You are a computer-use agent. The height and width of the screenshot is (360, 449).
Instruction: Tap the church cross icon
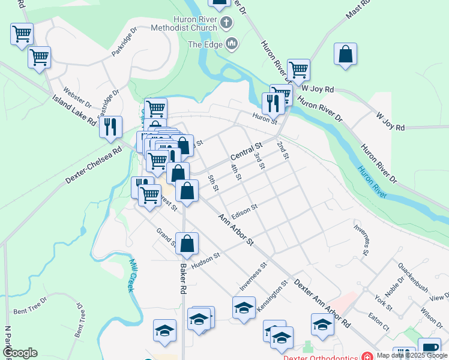pyautogui.click(x=226, y=23)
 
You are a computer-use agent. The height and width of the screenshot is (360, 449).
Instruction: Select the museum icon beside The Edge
pyautogui.click(x=232, y=44)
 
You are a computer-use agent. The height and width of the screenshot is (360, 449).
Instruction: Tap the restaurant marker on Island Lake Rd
pyautogui.click(x=110, y=127)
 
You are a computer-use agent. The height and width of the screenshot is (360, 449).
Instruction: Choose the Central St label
pyautogui.click(x=247, y=154)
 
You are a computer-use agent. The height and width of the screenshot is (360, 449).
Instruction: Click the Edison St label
pyautogui.click(x=244, y=211)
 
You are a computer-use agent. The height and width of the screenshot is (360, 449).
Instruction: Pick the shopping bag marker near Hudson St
pyautogui.click(x=187, y=244)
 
